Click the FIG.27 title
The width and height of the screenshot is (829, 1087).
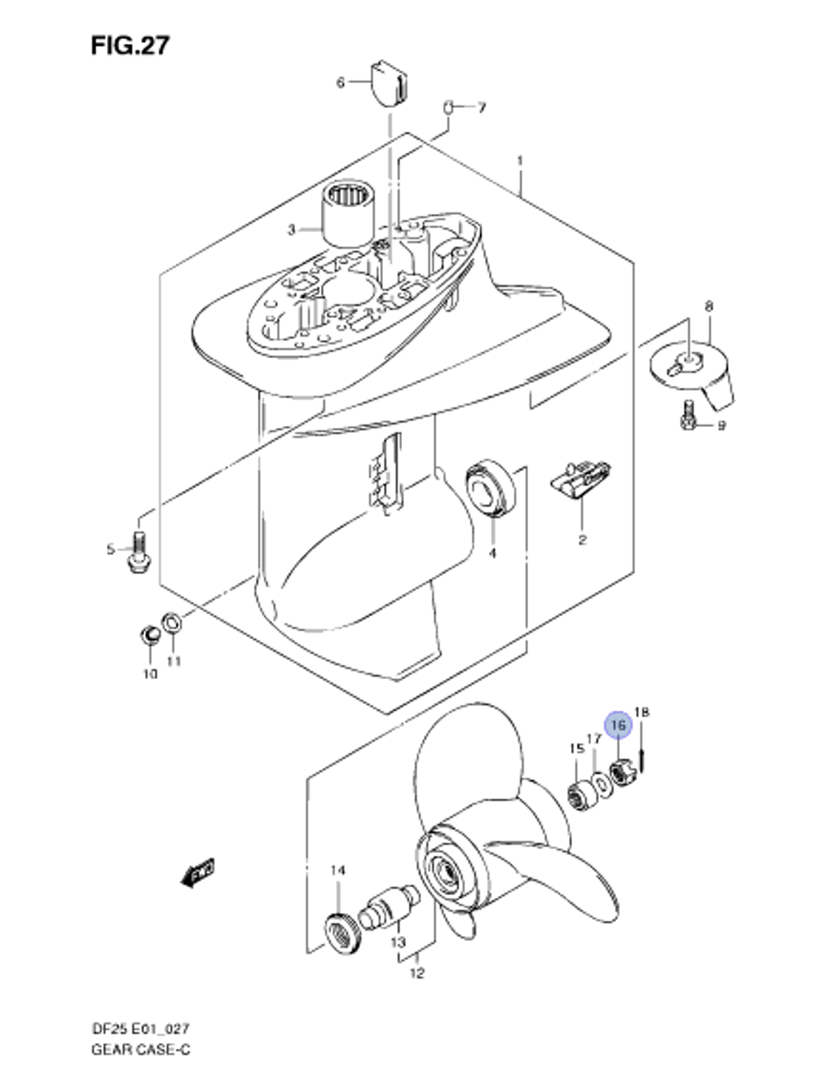pyautogui.click(x=130, y=46)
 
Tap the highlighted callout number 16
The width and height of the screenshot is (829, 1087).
pyautogui.click(x=618, y=725)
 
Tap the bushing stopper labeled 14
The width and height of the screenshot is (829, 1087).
pyautogui.click(x=343, y=934)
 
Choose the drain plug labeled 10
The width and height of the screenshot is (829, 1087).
pyautogui.click(x=149, y=633)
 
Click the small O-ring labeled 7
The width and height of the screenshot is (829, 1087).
pyautogui.click(x=448, y=108)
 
